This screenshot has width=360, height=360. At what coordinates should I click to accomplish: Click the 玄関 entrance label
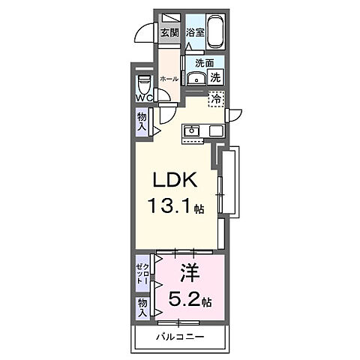coord(169,32)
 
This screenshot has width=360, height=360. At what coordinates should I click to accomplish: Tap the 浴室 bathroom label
coord(196,32)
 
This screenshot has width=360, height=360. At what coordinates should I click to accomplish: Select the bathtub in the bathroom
coord(216,32)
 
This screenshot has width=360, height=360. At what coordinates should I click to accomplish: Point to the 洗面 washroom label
coord(205,63)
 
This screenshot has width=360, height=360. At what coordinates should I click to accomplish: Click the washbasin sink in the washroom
coord(196,78)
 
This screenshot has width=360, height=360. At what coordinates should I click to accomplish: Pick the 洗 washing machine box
coord(215,77)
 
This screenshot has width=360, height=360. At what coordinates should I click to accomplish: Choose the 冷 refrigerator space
coord(217,99)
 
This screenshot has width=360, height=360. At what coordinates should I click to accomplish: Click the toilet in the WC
coord(144,84)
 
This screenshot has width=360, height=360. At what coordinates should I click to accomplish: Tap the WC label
coord(144,98)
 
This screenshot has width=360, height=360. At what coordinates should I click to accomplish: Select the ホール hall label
coord(169,79)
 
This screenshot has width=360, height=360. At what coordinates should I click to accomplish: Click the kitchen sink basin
coord(192,130)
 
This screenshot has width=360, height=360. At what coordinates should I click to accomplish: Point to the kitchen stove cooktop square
coord(216,130)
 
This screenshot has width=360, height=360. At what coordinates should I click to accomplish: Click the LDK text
coord(175,180)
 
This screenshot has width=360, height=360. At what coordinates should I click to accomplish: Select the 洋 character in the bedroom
coord(190,274)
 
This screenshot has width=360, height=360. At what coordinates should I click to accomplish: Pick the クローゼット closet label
coord(143,274)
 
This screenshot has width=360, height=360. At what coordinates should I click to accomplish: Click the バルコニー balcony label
coord(180,337)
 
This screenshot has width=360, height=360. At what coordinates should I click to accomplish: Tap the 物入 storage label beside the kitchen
coord(142,121)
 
